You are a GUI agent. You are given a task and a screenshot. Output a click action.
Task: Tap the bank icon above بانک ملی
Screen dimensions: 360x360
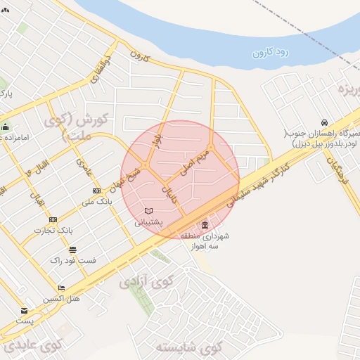[x=96, y=191]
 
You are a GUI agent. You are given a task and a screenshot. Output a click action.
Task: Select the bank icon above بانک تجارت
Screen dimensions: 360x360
[x=53, y=219]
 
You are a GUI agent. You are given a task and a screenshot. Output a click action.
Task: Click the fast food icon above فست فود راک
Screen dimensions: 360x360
[x=72, y=250]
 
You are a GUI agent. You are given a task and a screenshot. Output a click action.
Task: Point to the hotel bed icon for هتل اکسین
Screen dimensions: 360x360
[x=61, y=288]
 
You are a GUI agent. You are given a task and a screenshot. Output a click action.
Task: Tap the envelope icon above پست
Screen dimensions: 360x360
[x=25, y=311]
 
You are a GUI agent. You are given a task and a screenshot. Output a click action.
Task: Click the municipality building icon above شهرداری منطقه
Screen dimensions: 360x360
[x=205, y=225]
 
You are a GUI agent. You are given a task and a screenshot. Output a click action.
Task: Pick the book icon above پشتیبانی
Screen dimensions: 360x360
[x=148, y=211]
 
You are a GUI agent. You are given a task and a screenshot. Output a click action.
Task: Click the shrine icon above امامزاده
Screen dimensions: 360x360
[x=6, y=127]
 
